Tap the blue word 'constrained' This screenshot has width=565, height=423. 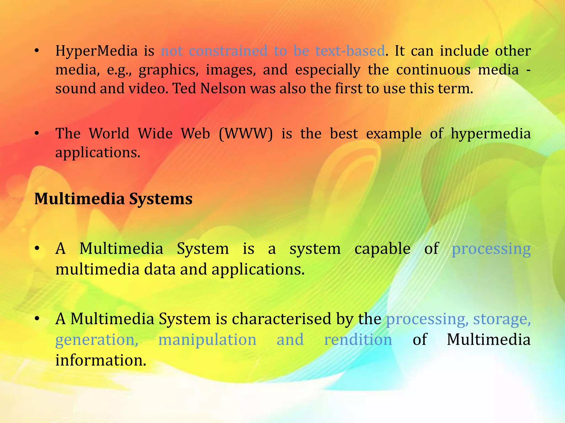click(x=228, y=51)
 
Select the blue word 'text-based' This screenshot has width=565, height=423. click(x=350, y=51)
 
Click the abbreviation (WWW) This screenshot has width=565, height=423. click(x=246, y=134)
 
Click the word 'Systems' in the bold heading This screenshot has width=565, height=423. click(x=161, y=199)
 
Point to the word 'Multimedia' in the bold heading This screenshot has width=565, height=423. click(x=79, y=199)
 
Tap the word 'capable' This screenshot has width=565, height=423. click(x=382, y=249)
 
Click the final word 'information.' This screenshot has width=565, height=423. click(x=100, y=360)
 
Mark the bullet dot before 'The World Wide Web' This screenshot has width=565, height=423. click(x=37, y=134)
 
